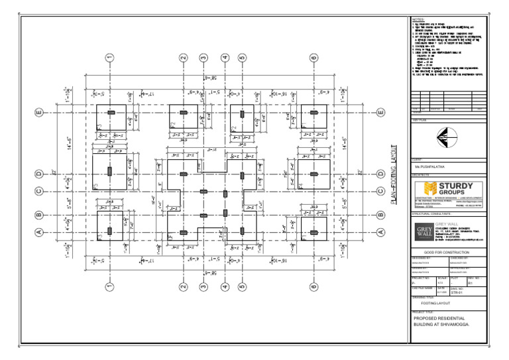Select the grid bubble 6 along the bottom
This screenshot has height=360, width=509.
click(x=313, y=287)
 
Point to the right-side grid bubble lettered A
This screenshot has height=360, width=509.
click(x=380, y=232)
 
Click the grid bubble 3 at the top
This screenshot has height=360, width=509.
click(x=203, y=58)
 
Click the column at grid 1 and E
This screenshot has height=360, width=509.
click(x=111, y=113)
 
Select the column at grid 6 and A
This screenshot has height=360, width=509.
click(x=313, y=232)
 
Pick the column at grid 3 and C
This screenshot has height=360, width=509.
click(x=203, y=192)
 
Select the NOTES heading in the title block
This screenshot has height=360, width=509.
click(x=418, y=20)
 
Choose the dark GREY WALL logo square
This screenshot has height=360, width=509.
click(x=422, y=233)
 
